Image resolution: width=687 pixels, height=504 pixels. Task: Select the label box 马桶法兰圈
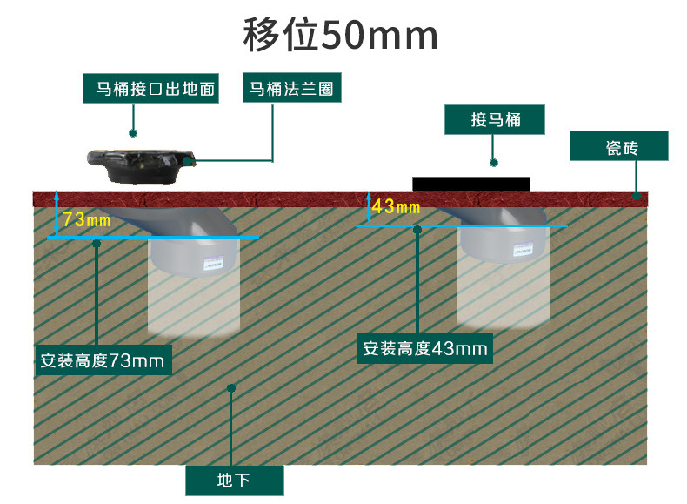[x=291, y=89]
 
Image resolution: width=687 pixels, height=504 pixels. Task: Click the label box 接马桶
[x=495, y=120]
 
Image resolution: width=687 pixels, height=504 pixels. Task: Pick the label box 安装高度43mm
[x=426, y=349]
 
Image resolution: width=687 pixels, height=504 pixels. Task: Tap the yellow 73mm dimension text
[x=87, y=219]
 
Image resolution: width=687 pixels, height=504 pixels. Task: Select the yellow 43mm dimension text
[x=396, y=207]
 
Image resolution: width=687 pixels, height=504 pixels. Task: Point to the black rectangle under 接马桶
[x=470, y=184]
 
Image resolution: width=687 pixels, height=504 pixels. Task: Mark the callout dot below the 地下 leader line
[x=231, y=388]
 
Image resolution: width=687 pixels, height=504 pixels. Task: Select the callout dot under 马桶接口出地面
[x=133, y=133]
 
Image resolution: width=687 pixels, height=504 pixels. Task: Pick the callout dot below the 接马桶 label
[x=494, y=161]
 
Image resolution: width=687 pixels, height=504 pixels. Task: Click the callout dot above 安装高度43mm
[x=417, y=230]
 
